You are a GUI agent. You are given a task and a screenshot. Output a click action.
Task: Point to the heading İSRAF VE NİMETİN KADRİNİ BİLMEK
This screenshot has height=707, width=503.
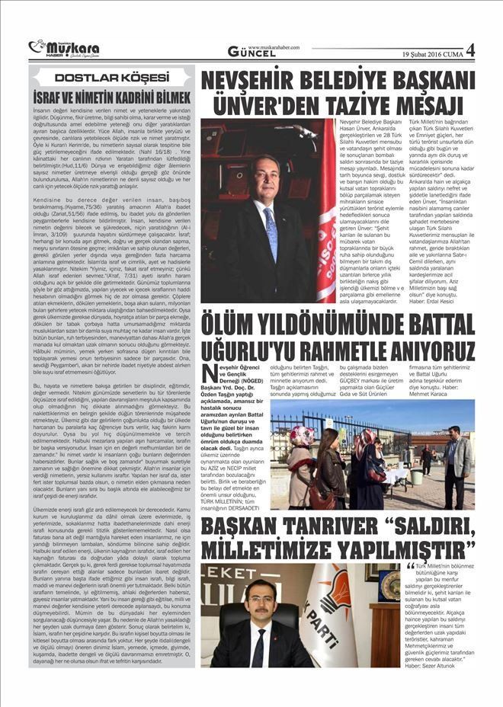tap(111, 98)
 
